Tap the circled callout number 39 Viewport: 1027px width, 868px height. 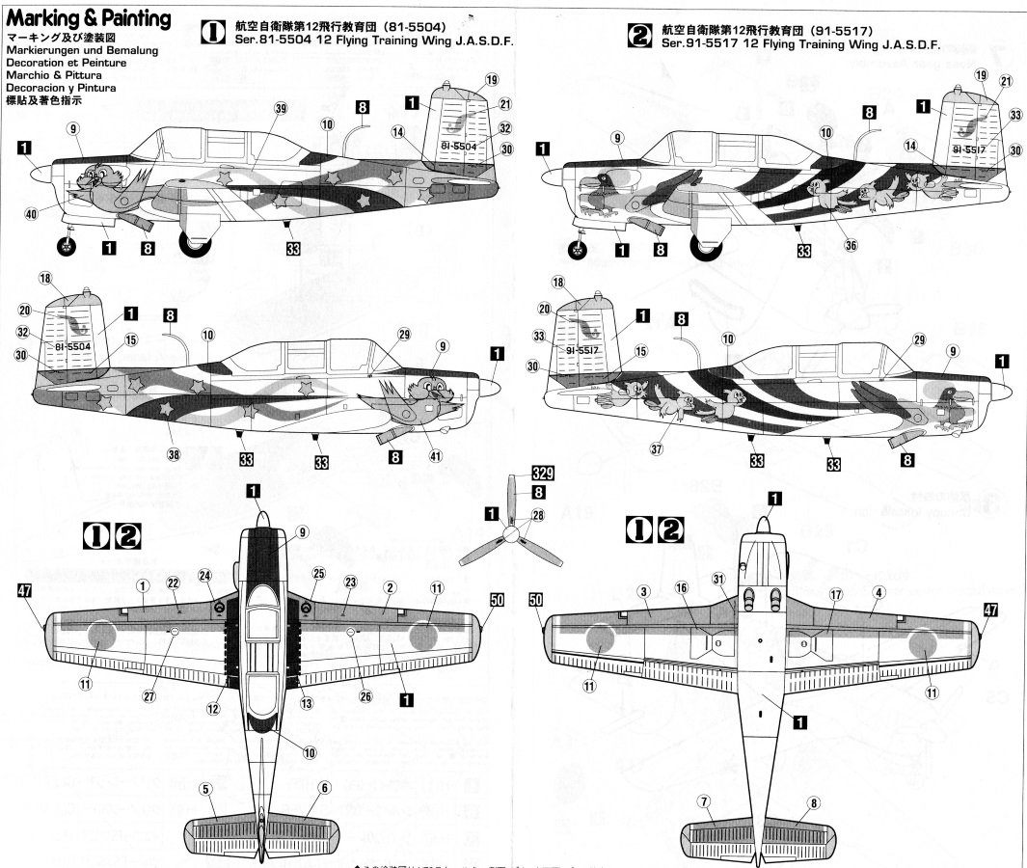click(x=254, y=110)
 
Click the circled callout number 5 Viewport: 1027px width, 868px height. click(x=204, y=788)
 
